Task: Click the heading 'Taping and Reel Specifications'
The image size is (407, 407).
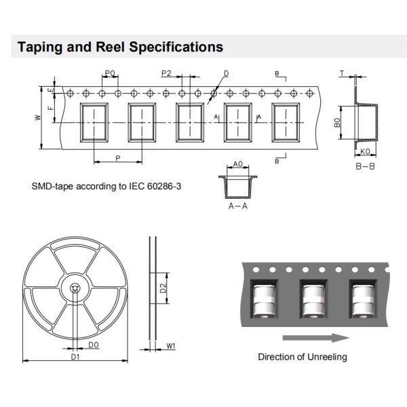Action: [120, 47]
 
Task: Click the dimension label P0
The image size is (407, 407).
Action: [110, 73]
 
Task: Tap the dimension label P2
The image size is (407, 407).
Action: [166, 73]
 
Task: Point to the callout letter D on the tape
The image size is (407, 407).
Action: [226, 73]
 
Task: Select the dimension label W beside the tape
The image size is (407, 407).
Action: [37, 117]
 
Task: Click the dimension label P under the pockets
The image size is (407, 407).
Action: [118, 157]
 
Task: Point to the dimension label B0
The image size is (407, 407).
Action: [336, 124]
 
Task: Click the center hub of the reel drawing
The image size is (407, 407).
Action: [75, 289]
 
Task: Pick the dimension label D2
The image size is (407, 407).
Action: [163, 289]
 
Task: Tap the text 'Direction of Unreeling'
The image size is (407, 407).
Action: [303, 357]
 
